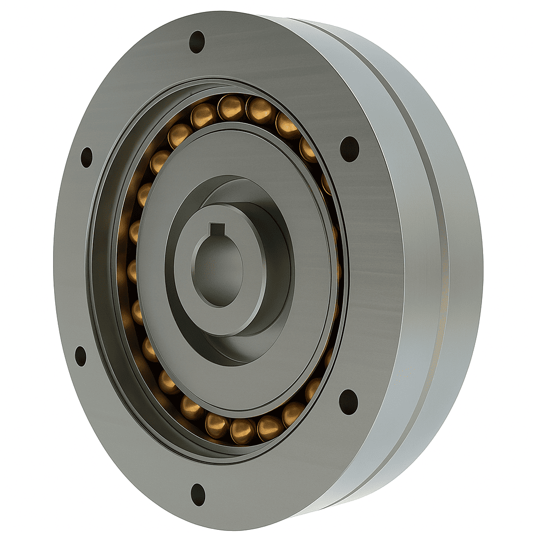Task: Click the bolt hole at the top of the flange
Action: point(197,42)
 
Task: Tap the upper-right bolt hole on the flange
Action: point(349,149)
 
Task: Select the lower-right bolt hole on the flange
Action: point(348,402)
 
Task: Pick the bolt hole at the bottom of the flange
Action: point(198,494)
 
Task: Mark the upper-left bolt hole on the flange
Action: point(86,157)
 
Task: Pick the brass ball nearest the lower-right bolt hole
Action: point(313,388)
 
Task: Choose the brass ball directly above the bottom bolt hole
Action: point(215,424)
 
